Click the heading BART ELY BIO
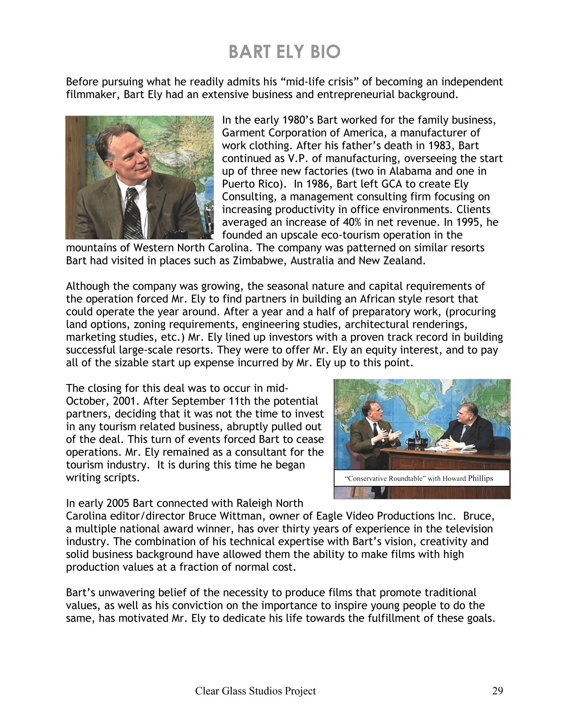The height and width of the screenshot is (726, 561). point(284,52)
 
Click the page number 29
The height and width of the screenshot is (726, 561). point(497,691)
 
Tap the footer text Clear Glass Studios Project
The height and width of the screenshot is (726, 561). point(255,691)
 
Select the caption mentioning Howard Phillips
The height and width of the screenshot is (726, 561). point(421,478)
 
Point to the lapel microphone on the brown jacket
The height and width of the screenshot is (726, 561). point(151,207)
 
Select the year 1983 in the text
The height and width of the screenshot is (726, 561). point(434,146)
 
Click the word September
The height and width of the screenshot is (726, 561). point(199,401)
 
